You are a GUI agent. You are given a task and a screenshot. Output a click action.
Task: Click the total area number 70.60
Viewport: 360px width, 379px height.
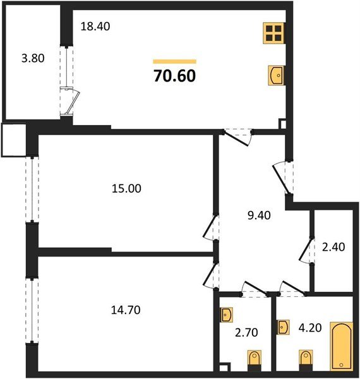pos(174,76)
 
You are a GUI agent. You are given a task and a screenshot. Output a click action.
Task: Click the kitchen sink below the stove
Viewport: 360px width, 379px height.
pos(275,75)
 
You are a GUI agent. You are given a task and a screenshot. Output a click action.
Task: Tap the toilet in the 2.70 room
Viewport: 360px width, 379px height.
pos(253,360)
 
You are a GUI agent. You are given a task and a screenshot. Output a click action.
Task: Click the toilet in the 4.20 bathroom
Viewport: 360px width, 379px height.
pos(304,361)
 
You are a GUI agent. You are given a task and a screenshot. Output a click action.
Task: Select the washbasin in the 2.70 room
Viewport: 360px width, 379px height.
pos(227,314)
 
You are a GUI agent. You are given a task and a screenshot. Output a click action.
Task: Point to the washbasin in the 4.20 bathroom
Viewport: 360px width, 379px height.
pos(282,327)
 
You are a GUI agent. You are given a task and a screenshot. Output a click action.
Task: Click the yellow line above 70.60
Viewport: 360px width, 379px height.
pos(174,61)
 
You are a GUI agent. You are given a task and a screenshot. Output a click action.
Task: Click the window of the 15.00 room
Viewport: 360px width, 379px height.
pos(29,189)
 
